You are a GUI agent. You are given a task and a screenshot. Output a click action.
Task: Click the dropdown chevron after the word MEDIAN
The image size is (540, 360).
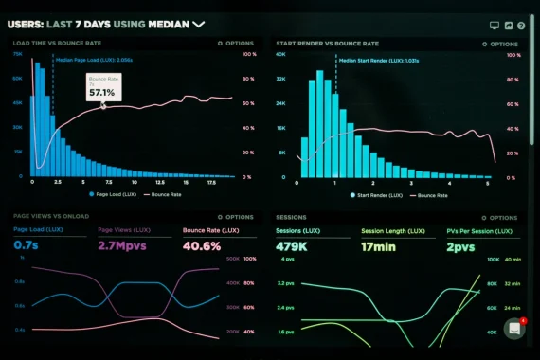[199, 25]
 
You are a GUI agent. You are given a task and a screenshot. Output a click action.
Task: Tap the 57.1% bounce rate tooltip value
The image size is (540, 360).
[101, 93]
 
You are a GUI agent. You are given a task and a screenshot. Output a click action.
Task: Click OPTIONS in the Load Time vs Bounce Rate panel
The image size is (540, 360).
[239, 44]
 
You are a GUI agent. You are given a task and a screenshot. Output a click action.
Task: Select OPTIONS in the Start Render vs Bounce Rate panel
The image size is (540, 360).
[501, 44]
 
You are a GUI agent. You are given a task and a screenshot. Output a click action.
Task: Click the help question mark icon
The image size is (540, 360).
[521, 26]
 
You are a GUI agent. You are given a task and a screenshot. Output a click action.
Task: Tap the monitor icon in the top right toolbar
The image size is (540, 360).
[494, 26]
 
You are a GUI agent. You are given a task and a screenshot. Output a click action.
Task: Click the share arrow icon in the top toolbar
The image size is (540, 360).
[508, 26]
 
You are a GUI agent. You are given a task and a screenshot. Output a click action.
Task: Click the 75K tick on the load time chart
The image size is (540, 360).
[18, 55]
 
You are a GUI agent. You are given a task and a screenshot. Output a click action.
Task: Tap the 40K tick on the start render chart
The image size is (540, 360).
[280, 55]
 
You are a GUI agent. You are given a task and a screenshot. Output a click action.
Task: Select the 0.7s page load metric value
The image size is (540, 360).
[26, 245]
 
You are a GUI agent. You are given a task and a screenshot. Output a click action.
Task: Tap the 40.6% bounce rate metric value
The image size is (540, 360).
[201, 245]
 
